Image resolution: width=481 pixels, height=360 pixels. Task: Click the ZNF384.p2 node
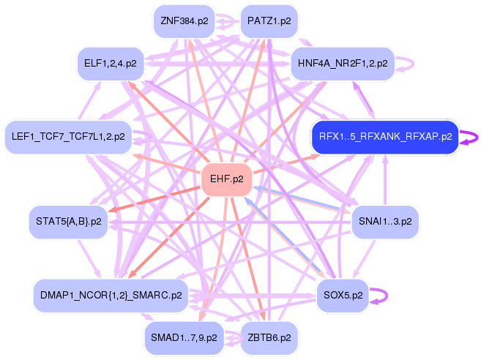184,21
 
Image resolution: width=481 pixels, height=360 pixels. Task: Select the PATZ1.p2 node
269,21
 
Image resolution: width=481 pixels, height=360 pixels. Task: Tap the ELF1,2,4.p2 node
111,64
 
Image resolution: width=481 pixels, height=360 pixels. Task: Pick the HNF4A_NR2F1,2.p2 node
343,64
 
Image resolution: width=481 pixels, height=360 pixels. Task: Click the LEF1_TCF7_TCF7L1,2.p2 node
68,136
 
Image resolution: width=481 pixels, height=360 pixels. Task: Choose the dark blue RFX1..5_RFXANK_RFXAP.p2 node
385,136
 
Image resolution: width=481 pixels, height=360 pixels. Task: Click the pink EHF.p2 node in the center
226,178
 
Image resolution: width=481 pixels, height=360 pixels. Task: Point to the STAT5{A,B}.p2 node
68,220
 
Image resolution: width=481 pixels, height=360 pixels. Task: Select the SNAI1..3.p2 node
385,220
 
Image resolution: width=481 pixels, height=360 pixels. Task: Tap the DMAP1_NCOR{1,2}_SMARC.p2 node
110,296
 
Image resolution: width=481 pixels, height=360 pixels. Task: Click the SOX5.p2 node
343,296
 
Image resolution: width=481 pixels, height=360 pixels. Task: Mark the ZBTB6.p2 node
269,337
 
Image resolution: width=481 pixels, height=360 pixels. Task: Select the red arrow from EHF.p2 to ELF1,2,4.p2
168,121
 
